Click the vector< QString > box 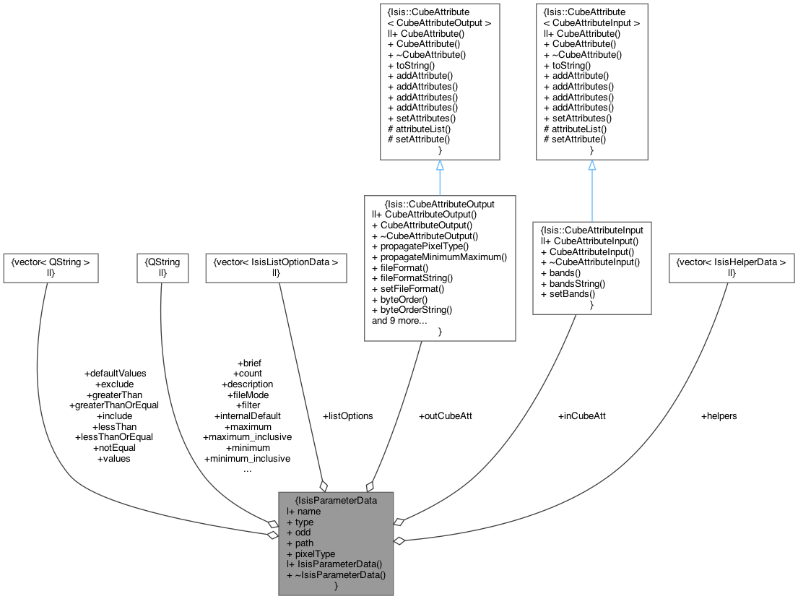[x=51, y=267]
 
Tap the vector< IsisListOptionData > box [x=275, y=267]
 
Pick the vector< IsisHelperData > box [x=732, y=267]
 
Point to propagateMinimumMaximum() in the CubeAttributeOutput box [x=439, y=257]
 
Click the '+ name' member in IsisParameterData [x=304, y=512]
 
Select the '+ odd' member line [x=298, y=533]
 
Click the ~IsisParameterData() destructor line [x=337, y=574]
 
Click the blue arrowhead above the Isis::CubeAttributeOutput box [x=440, y=165]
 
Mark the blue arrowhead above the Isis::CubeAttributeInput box [x=592, y=165]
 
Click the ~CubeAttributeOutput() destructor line [x=425, y=236]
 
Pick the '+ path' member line [x=300, y=543]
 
